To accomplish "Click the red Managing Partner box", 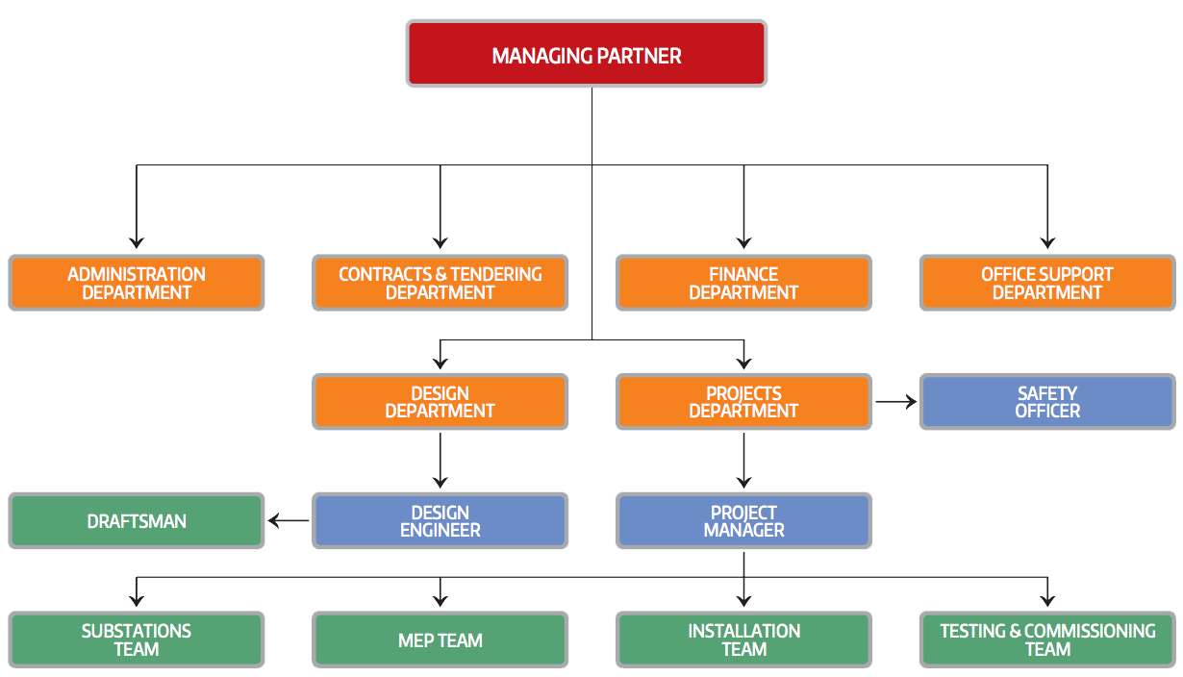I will pos(587,54).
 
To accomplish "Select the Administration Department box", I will pos(137,283).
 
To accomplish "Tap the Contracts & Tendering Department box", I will pos(440,283).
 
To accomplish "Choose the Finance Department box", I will pos(743,283).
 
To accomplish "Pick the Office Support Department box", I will pos(1047,283).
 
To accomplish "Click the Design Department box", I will pos(440,402).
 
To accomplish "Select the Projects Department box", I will pos(743,402).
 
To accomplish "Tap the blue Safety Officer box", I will pos(1047,402).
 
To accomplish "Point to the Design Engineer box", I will pos(440,521).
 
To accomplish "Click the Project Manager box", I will pos(743,521).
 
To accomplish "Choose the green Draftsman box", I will pos(137,521).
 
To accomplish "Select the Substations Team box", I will pos(137,639).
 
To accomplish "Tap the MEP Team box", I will pos(440,639).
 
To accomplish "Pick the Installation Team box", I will pos(743,639).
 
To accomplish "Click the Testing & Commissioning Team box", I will pos(1047,639).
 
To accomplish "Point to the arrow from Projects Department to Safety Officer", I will pos(896,402).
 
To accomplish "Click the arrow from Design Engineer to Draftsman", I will pos(289,521).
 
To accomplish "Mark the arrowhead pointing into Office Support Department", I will pos(1047,242).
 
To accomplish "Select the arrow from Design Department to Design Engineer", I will pos(440,461).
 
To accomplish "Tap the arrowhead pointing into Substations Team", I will pos(137,600).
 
